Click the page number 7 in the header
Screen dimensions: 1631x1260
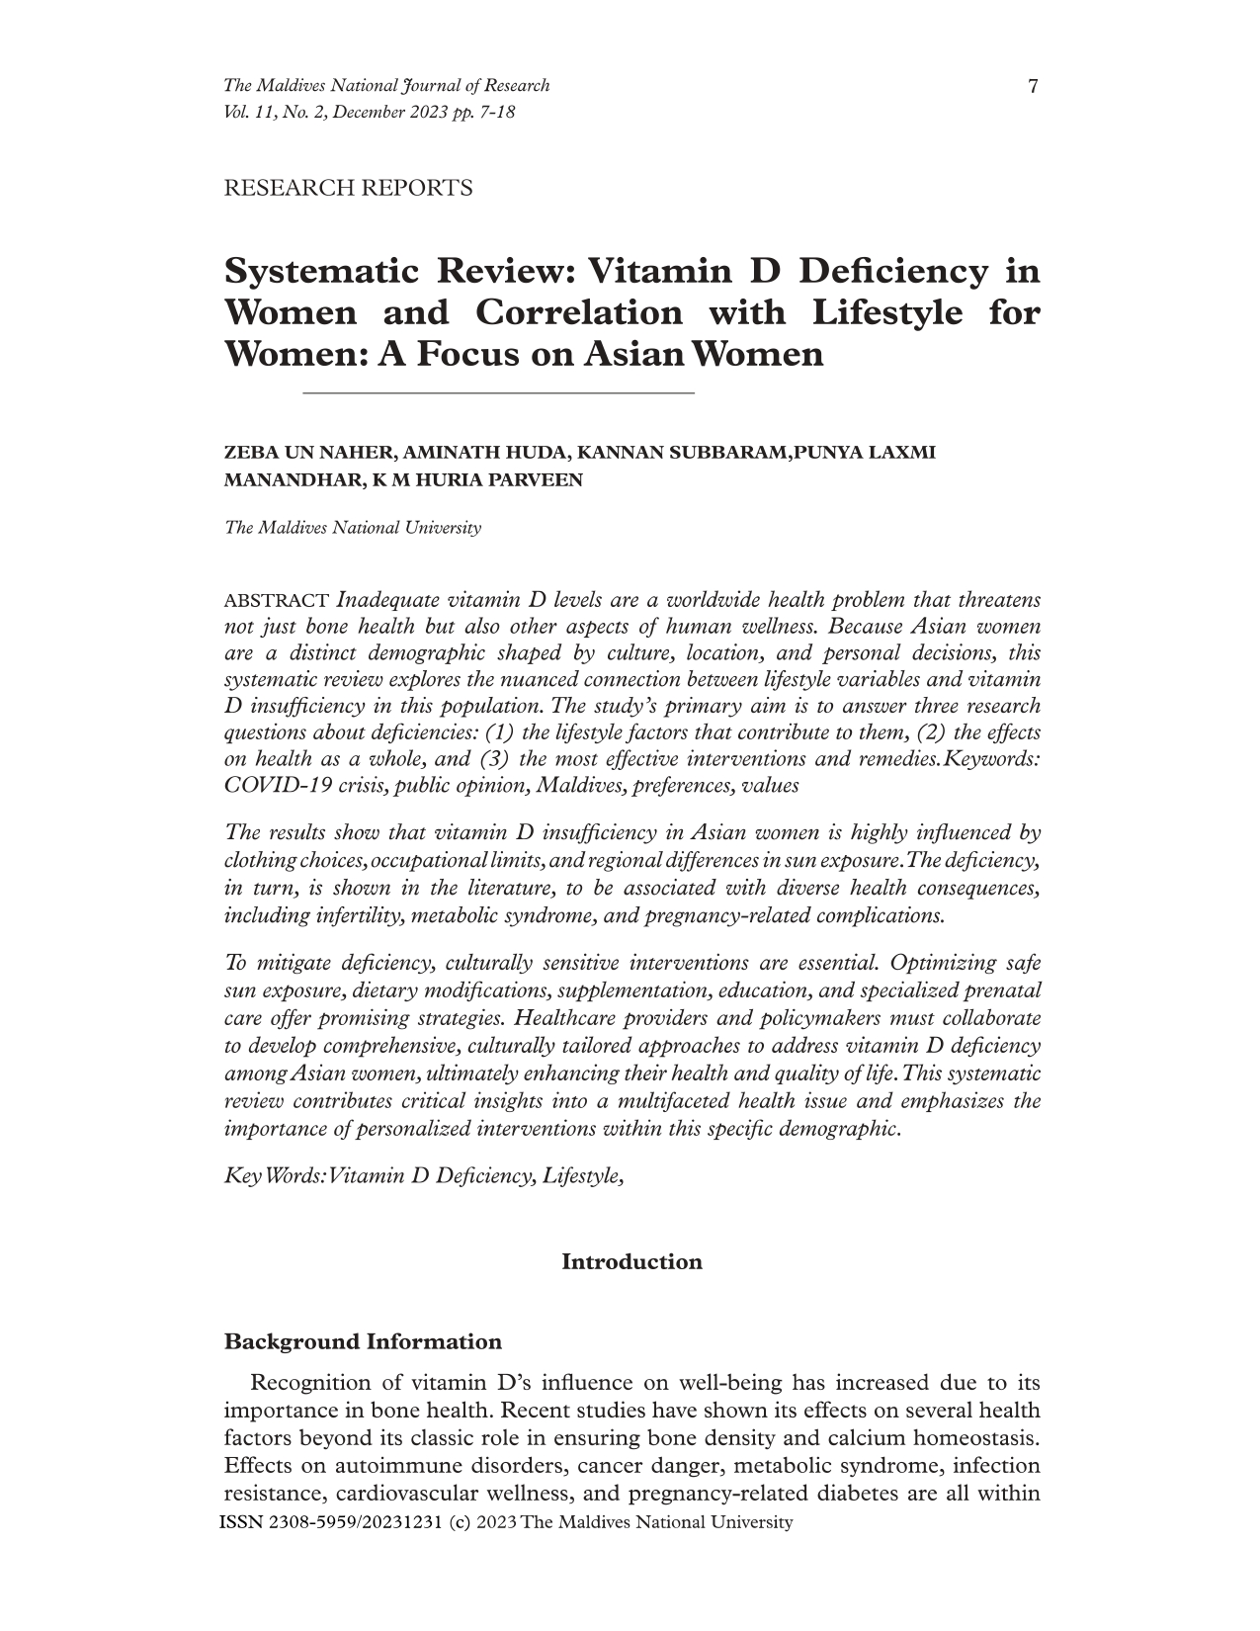1033,87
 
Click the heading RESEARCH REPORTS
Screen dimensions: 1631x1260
349,188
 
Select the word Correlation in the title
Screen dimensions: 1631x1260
578,312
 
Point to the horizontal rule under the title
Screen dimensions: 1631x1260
498,394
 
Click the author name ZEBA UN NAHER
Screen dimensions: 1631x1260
309,454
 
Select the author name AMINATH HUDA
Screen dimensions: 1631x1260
485,454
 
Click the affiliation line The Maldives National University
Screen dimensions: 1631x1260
353,528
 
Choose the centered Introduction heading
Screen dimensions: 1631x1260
631,1262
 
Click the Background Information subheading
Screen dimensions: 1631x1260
363,1342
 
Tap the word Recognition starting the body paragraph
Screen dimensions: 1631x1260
316,1383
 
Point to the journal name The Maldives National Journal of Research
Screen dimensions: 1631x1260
386,86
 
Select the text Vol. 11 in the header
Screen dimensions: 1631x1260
248,112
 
